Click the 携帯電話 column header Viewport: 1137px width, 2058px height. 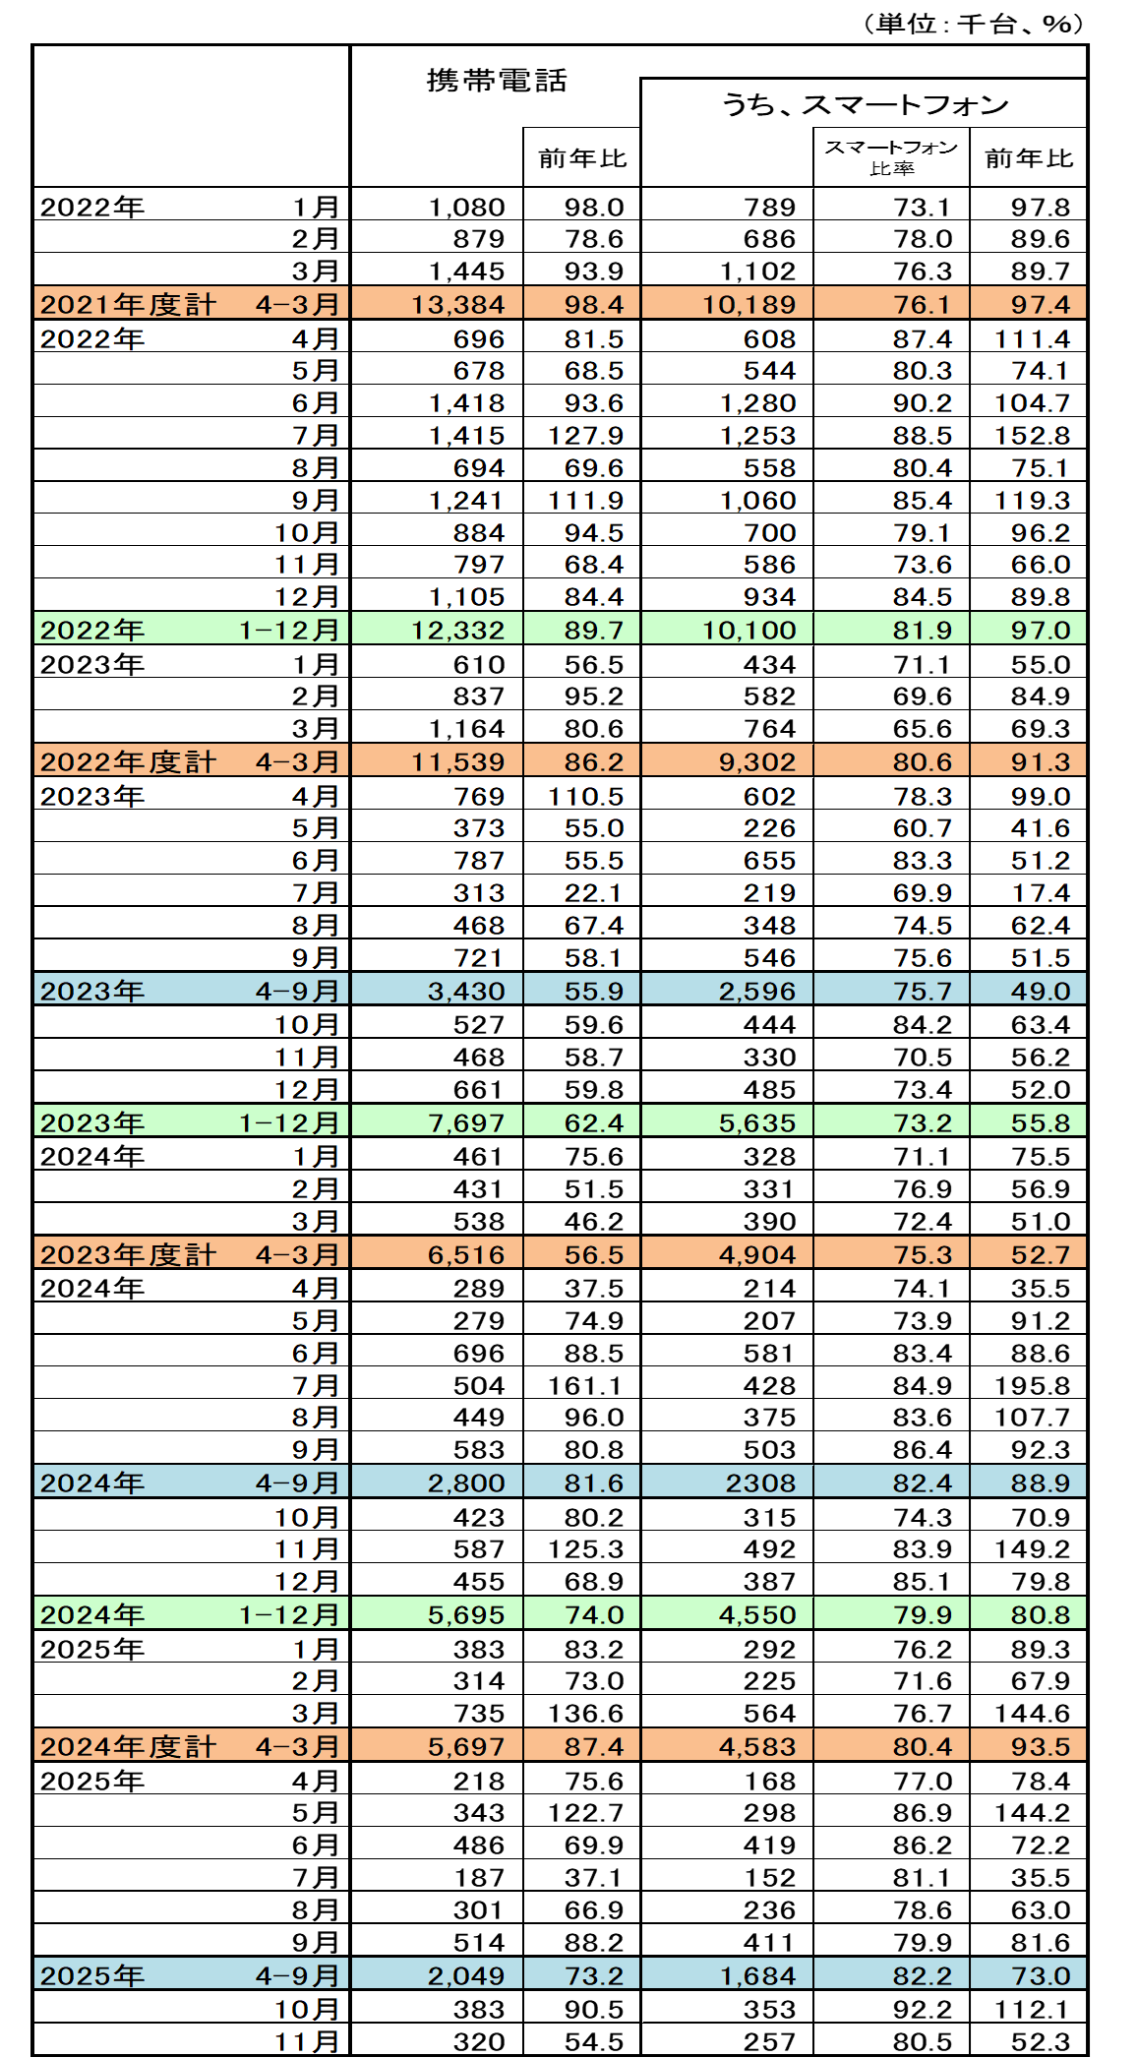pos(497,81)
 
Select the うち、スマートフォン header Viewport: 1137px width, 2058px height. pos(865,104)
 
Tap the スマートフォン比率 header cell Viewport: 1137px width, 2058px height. pos(891,157)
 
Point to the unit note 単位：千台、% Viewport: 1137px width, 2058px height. pos(973,24)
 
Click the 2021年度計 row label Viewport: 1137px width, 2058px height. pos(128,304)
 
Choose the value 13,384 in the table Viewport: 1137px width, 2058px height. pos(457,304)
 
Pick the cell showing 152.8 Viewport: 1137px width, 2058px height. pos(1031,435)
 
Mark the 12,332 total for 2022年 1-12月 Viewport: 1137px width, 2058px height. pos(457,630)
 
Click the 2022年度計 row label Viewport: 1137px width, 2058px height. pos(128,761)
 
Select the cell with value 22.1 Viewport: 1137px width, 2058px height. pos(593,892)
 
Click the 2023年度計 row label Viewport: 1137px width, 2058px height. pos(128,1254)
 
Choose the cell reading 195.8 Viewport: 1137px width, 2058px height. pos(1031,1385)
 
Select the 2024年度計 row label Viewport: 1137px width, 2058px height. pos(128,1746)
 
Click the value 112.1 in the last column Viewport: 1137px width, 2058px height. pos(1031,2009)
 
